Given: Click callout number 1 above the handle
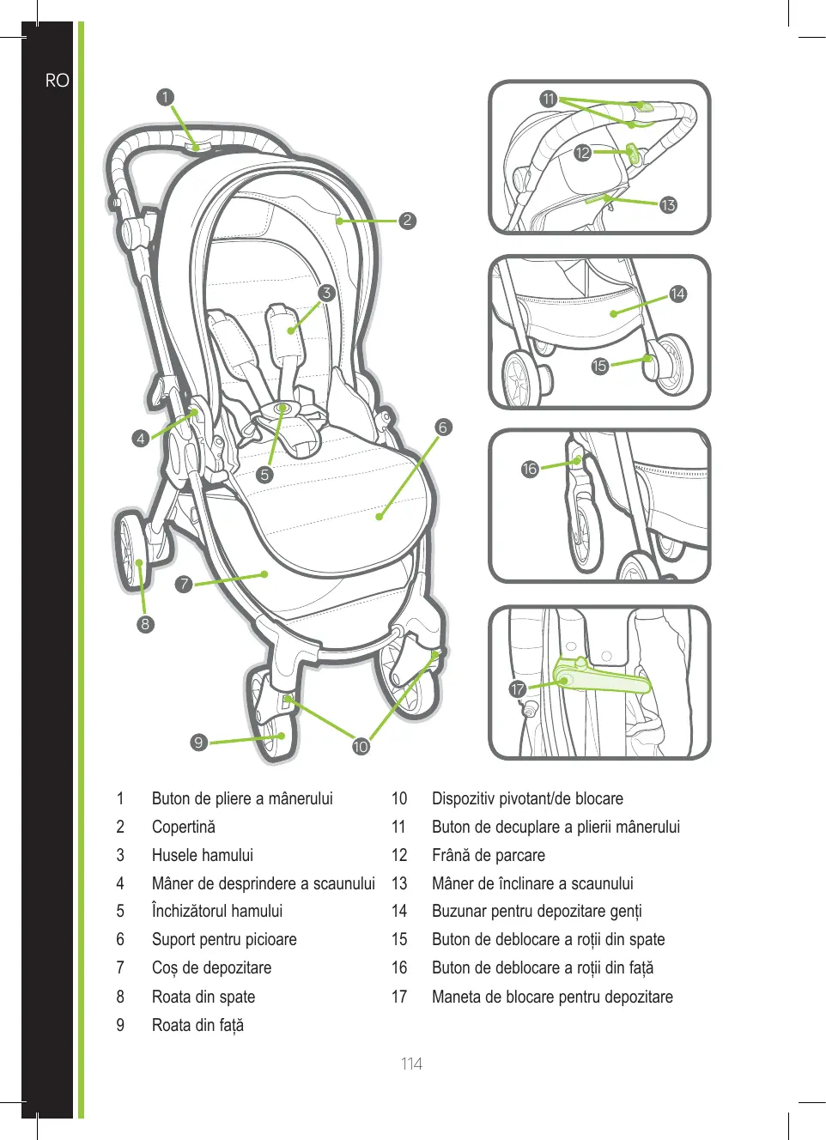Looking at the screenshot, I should point(165,97).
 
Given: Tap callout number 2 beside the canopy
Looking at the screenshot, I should point(407,221).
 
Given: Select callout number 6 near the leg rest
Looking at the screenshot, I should point(443,427).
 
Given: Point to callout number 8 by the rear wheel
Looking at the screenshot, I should point(145,624).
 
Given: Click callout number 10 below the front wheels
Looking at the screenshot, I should point(361,746).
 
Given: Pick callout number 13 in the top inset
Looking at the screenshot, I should point(668,205).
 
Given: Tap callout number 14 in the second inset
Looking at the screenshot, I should point(677,294).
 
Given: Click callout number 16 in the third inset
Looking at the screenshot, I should point(530,469).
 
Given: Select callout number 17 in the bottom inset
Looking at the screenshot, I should point(518,689).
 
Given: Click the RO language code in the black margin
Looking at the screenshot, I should point(57,81).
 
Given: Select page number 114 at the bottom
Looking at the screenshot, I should point(411,1064).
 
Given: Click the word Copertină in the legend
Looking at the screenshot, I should point(184,827).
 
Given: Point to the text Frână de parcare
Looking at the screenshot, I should point(488,855).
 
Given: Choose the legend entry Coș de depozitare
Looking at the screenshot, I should point(211,967).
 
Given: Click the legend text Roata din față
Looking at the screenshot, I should point(197,1025).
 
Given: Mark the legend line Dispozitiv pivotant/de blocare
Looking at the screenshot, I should point(527,798).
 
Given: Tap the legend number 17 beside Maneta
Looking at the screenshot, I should point(399,997).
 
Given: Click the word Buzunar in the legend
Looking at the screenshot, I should point(459,911).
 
